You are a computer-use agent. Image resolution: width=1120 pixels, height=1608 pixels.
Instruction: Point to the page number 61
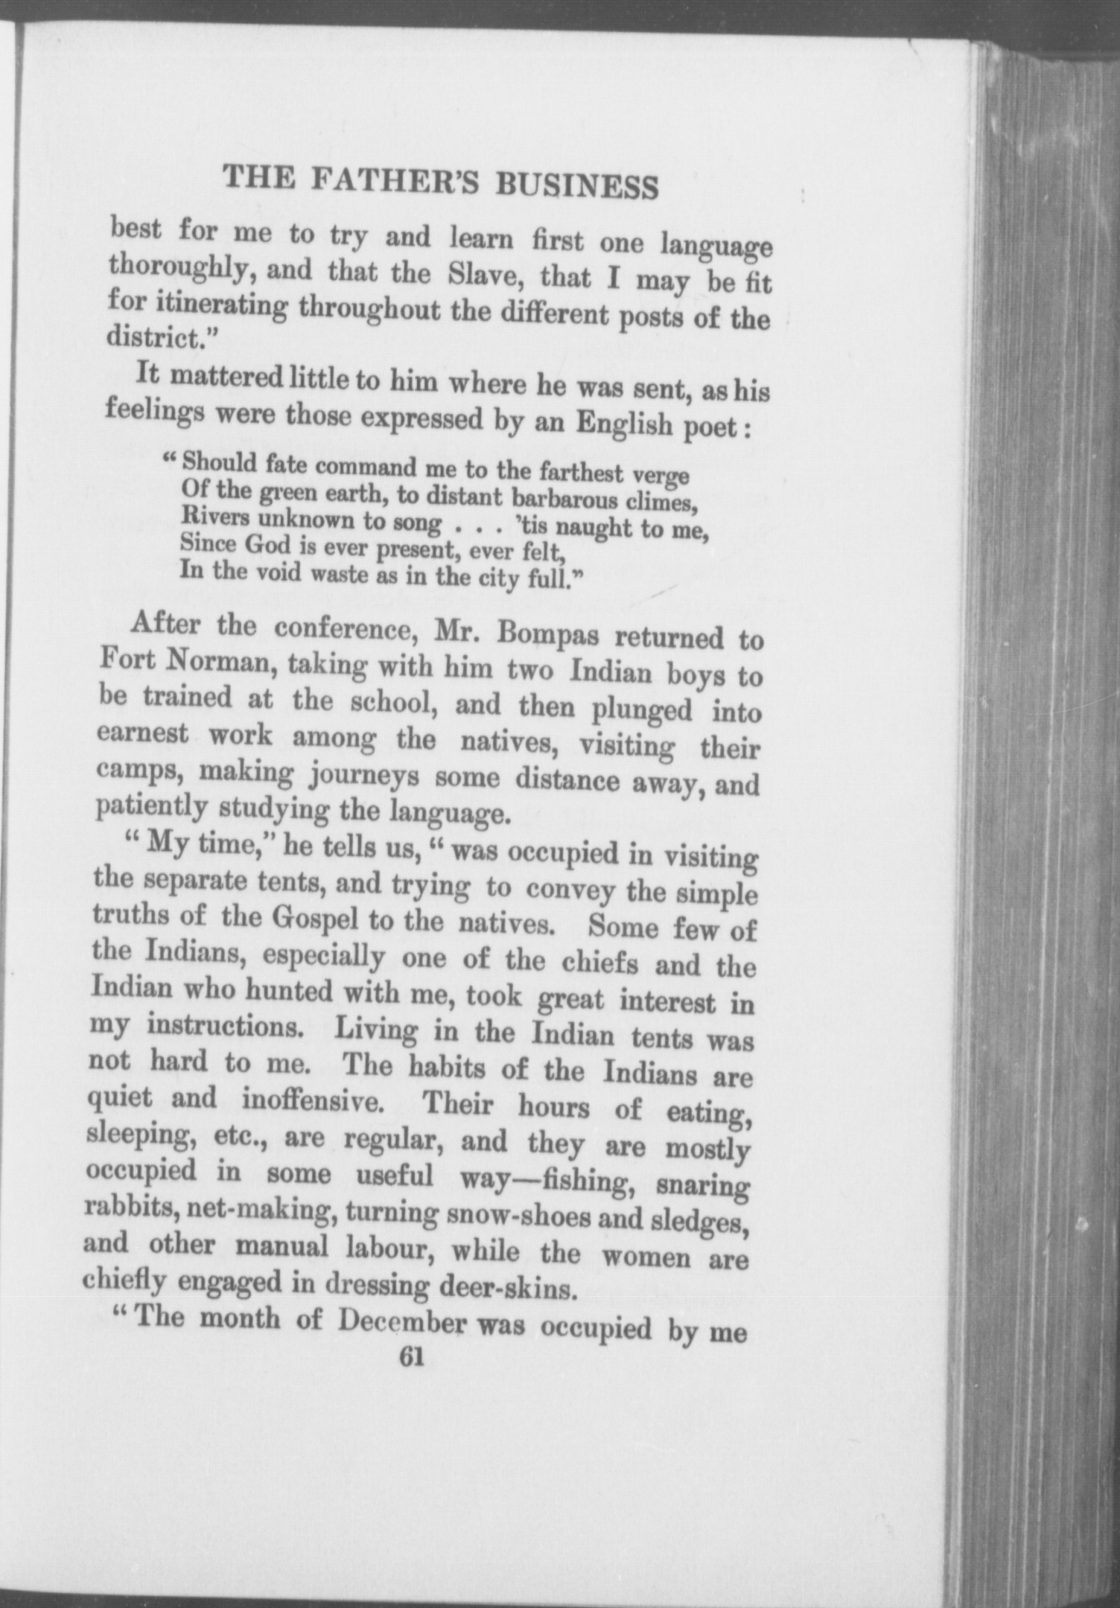[x=411, y=1357]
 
